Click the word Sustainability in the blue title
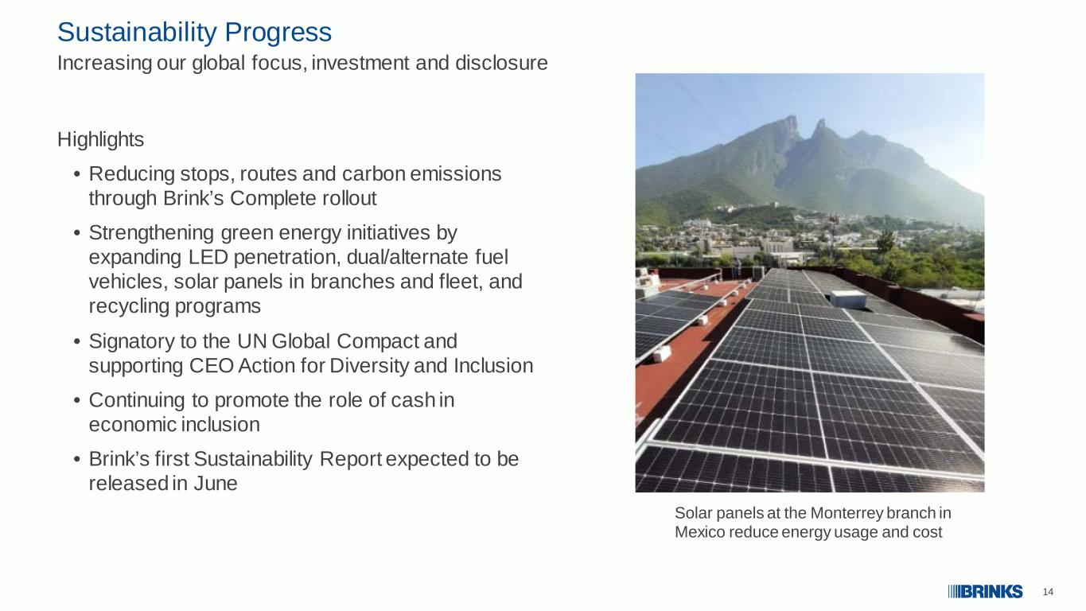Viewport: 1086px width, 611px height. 137,33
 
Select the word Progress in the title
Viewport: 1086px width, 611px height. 278,33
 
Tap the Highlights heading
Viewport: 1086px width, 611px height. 101,140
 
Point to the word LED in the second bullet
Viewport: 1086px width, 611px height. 208,257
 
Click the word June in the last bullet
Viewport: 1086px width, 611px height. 216,484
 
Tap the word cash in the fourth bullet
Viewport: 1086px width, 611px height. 413,400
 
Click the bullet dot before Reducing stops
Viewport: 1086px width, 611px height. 76,174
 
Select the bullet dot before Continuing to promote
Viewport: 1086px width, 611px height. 76,400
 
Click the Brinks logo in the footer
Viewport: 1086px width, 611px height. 986,592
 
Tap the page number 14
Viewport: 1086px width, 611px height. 1048,592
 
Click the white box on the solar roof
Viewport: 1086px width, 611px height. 848,298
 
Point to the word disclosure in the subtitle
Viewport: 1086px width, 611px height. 501,63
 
